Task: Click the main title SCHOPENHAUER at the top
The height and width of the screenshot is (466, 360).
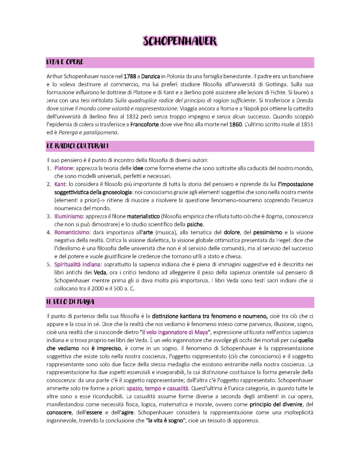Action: coord(180,41)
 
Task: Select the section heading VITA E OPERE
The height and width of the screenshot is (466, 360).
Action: coord(65,62)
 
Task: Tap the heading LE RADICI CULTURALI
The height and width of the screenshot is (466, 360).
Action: coord(77,146)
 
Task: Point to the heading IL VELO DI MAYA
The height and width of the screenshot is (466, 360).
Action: coord(70,302)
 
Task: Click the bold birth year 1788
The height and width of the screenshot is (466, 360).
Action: coord(130,76)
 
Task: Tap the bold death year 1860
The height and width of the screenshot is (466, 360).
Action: coord(235,124)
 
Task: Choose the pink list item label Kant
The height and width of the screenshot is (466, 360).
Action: coord(60,184)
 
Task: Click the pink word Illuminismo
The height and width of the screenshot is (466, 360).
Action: coord(68,216)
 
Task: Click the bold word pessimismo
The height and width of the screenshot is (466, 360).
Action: coord(268,232)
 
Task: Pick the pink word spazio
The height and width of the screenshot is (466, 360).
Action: coord(135,388)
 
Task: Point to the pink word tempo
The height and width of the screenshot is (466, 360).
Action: coord(153,388)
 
